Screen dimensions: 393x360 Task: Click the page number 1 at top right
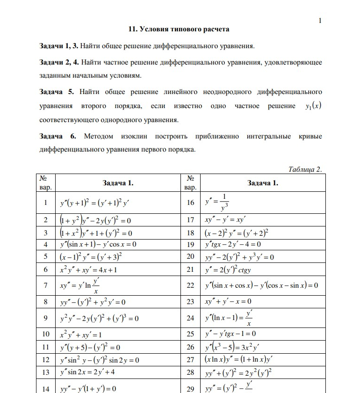point(320,20)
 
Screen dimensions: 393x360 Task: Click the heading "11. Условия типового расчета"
point(179,29)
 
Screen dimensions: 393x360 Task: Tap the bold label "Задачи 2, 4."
point(59,62)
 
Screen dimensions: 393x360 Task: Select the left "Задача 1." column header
point(118,183)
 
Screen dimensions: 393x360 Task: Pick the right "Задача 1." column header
point(262,183)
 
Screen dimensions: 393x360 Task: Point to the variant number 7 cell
point(45,285)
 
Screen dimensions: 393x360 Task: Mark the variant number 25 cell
point(190,334)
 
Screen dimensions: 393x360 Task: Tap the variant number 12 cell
point(45,360)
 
